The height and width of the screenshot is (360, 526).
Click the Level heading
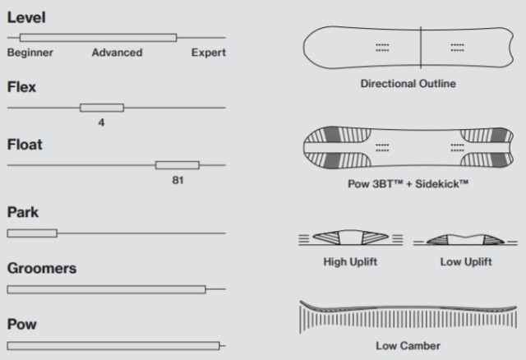click(x=26, y=17)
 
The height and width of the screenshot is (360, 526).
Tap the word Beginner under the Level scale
click(x=30, y=53)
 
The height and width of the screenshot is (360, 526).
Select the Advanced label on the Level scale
click(x=117, y=53)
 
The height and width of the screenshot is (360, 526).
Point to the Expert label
click(x=208, y=53)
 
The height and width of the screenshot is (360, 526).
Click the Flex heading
click(x=21, y=87)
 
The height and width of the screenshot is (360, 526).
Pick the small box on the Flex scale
click(x=102, y=108)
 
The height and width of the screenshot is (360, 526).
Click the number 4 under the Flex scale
click(x=101, y=122)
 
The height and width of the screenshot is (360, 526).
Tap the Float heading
click(x=25, y=145)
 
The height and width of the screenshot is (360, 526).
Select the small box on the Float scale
click(x=178, y=165)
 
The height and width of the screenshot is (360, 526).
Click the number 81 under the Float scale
click(x=178, y=180)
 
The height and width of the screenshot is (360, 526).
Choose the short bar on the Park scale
click(x=32, y=233)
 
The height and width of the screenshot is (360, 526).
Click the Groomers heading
click(x=42, y=269)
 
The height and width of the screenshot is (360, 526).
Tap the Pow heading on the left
click(x=22, y=325)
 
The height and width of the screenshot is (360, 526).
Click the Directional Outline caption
click(x=408, y=84)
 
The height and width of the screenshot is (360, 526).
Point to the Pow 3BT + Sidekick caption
click(x=408, y=184)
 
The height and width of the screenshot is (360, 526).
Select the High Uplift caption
click(x=350, y=261)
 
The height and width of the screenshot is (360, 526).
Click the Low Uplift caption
click(x=466, y=261)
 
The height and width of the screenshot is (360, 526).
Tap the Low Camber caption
click(x=408, y=345)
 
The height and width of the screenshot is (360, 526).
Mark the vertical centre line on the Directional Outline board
click(x=421, y=48)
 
